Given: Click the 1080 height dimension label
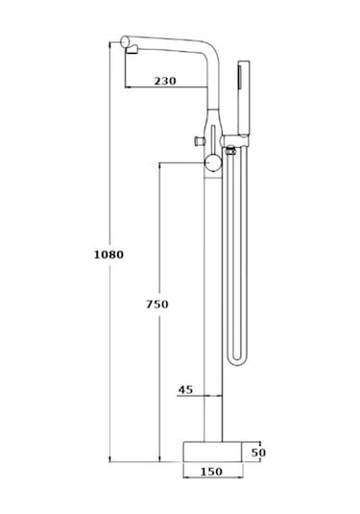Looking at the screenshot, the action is [108, 255].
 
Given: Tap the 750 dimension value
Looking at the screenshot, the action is [157, 305].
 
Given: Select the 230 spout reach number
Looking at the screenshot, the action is [165, 81].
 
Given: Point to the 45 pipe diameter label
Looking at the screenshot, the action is [185, 390].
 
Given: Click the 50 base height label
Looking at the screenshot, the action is [258, 453].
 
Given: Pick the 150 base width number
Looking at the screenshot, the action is [211, 472].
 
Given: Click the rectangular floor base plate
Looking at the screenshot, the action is [212, 452].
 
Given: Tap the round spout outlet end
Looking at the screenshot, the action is [125, 42].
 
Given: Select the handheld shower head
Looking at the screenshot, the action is [244, 97].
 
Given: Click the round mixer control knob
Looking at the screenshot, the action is [213, 163].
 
